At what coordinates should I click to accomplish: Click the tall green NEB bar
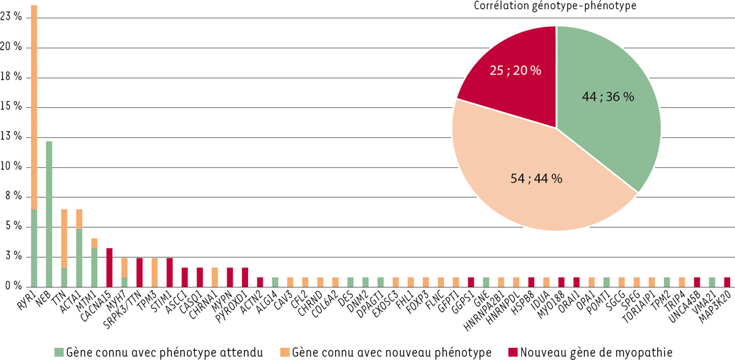click(x=49, y=214)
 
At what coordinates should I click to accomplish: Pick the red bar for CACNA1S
click(x=109, y=267)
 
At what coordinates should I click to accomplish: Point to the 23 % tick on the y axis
click(x=12, y=17)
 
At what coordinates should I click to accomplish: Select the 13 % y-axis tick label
click(x=12, y=137)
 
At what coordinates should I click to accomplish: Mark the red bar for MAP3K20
click(x=726, y=282)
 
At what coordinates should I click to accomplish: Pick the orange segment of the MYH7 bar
click(x=124, y=268)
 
